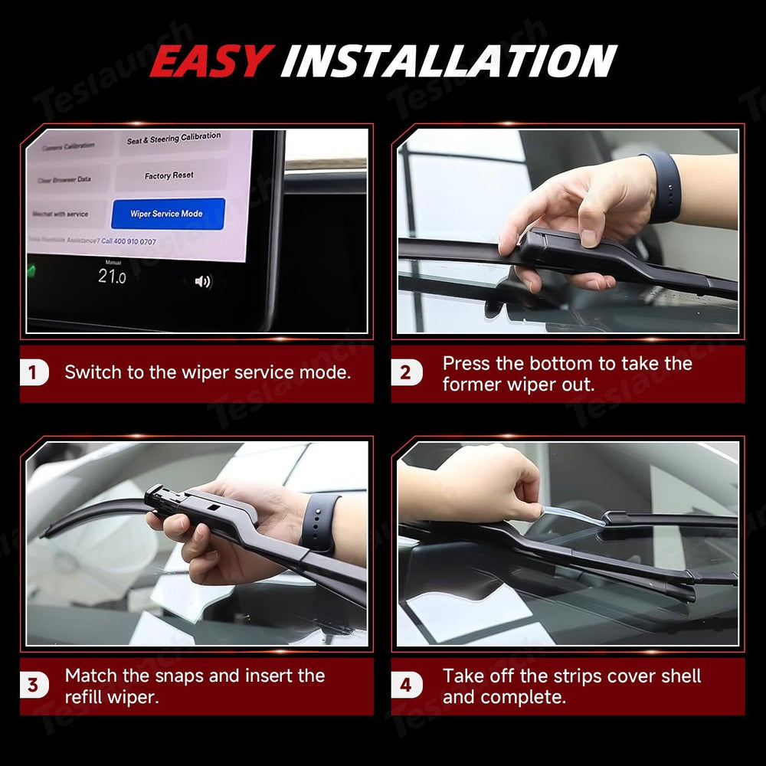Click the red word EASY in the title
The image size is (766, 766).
click(x=211, y=61)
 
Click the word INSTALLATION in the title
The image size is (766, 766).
click(x=448, y=61)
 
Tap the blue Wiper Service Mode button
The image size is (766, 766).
click(x=167, y=214)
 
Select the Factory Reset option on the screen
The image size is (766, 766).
click(x=169, y=175)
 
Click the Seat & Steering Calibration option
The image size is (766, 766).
click(x=173, y=139)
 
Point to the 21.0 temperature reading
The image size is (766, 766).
click(x=112, y=277)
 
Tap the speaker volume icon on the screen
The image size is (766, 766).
click(x=202, y=281)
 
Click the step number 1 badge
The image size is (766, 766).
click(x=33, y=373)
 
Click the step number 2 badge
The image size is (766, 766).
click(x=405, y=373)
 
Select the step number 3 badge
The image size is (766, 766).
click(x=33, y=685)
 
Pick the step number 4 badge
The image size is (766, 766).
click(x=405, y=685)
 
